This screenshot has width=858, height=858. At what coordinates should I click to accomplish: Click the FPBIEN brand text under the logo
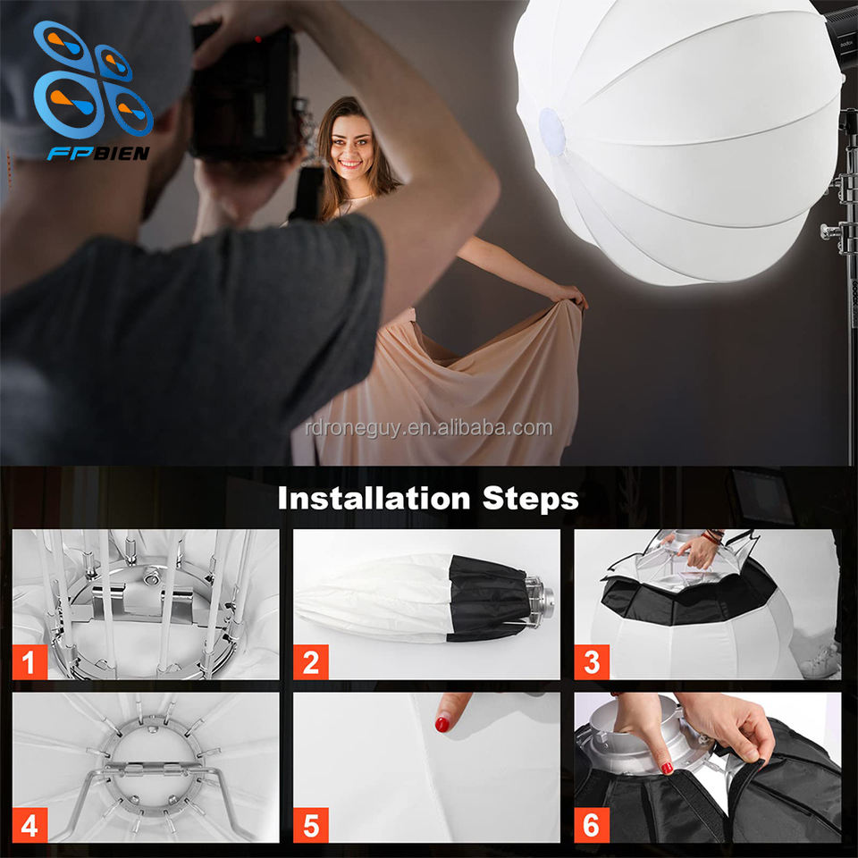click(98, 153)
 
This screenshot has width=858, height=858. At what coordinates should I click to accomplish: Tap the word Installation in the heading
click(374, 498)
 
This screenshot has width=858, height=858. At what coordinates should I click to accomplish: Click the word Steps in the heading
click(530, 499)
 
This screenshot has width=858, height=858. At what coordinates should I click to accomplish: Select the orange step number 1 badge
click(29, 662)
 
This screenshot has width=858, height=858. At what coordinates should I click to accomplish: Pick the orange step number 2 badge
click(311, 662)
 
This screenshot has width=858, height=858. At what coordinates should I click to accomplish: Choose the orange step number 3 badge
click(592, 662)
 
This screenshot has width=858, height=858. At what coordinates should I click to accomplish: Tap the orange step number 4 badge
click(29, 825)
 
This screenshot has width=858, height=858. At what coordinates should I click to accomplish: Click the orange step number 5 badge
click(311, 825)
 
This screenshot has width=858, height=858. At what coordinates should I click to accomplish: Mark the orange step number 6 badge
click(592, 825)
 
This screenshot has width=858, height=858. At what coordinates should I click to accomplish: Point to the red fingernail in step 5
click(442, 725)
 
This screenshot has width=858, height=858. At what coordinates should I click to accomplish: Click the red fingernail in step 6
click(667, 768)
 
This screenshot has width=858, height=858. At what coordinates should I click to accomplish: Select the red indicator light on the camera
click(257, 38)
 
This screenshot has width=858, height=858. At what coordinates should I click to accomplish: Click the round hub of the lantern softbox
click(551, 130)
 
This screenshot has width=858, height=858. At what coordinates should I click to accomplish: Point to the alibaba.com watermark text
click(428, 428)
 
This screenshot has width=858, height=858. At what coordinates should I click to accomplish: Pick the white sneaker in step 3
click(820, 662)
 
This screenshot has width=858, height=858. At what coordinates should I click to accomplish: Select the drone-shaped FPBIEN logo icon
click(93, 80)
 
